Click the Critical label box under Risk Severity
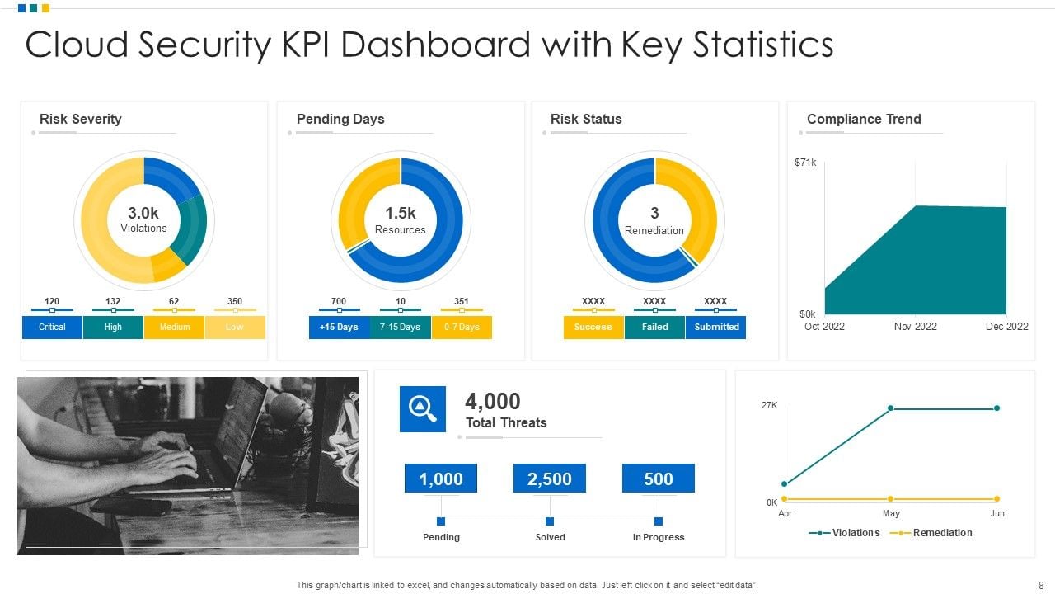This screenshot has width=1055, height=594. coord(52,328)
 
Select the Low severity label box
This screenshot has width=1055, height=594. coord(235,328)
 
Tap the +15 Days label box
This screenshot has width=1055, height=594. coord(339,328)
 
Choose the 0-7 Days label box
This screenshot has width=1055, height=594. coord(462,328)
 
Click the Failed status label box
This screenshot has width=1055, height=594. coord(654,328)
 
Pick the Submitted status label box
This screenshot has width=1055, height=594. coord(715,328)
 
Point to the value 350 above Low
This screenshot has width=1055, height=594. coord(235,302)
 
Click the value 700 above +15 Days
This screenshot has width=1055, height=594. coord(339,302)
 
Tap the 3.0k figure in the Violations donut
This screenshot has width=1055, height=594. coord(143,213)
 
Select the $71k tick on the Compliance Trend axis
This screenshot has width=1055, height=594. coord(805,163)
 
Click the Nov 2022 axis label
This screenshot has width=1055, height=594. coord(915,327)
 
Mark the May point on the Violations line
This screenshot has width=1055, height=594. coord(891,408)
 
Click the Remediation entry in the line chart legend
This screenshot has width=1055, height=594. coord(942,533)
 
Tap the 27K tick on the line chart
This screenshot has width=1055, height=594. coord(769,406)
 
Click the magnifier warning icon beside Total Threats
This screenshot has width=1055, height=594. coord(423,409)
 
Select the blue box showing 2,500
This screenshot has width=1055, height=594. coord(550,478)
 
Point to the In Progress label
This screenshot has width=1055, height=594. coord(659,537)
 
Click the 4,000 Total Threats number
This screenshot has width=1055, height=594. coord(493,402)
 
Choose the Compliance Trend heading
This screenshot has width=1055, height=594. coord(864,119)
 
